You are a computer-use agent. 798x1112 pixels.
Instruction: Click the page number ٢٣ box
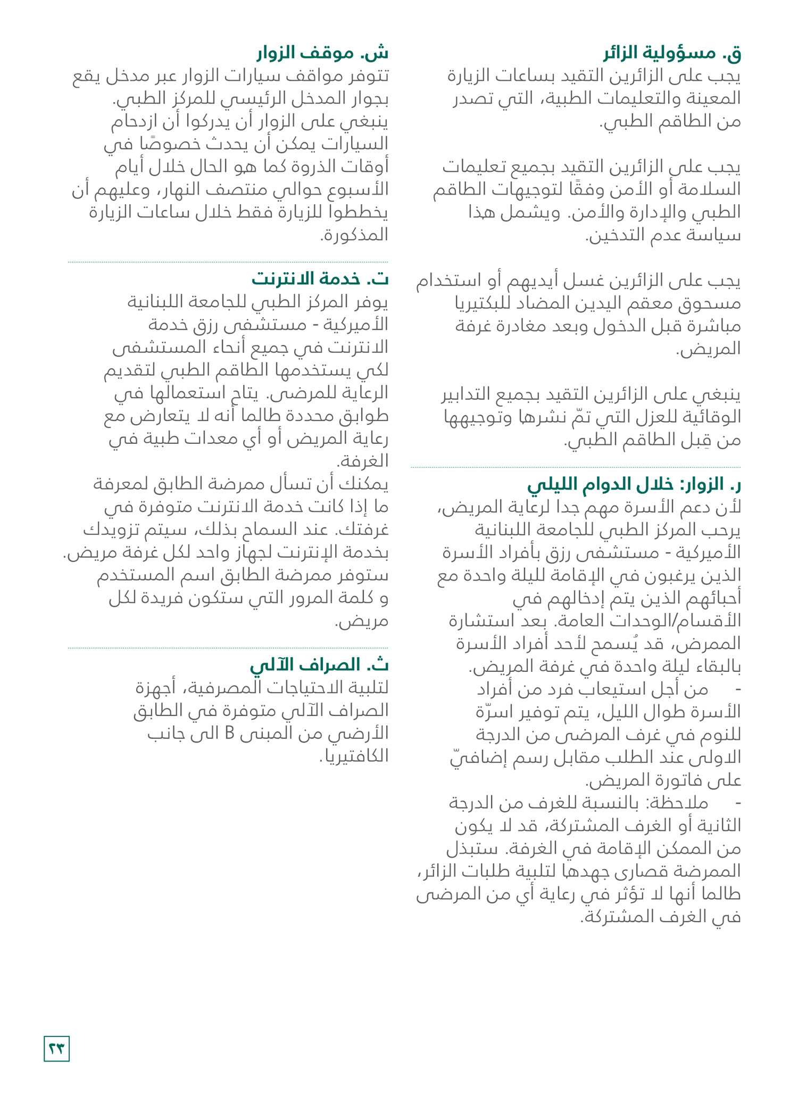tap(56, 1048)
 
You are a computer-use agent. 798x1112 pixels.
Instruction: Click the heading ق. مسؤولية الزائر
tap(672, 53)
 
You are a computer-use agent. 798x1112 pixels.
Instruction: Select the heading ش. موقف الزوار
tap(322, 53)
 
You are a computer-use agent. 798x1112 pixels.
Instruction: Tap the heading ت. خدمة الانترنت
tap(320, 279)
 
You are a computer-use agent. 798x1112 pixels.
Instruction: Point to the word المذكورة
tap(355, 235)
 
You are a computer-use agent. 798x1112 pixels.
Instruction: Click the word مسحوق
tap(710, 303)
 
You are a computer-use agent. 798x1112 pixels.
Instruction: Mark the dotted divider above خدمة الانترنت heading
tap(228, 262)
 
